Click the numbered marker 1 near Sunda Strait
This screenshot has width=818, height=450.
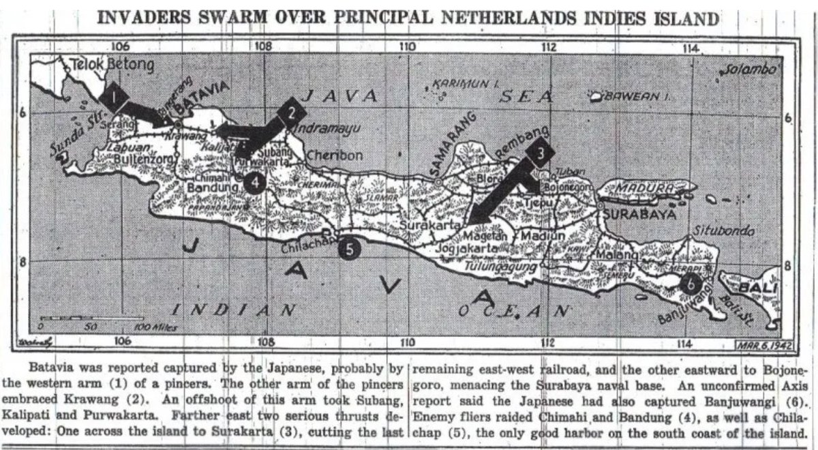[114, 97]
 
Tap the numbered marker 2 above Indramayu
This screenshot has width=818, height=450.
[292, 113]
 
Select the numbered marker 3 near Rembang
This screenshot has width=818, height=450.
[540, 154]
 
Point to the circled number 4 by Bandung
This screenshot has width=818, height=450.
[254, 181]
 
